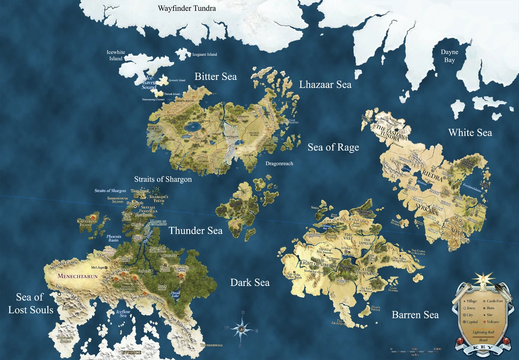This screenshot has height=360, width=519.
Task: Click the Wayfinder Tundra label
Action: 187,8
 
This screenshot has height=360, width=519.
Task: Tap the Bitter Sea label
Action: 215,76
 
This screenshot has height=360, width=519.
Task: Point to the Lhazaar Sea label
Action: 325,84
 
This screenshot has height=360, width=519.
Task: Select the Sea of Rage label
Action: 333,147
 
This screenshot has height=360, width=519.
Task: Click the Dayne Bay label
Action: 449,56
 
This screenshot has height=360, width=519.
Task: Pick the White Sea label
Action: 470,132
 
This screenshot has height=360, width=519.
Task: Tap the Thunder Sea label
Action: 195,230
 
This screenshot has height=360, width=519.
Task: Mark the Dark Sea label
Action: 250,283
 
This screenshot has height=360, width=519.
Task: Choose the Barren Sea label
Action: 415,315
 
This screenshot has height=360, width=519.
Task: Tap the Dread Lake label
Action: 175,293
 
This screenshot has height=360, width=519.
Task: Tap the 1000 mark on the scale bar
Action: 437,349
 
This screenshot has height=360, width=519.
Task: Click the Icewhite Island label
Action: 116,55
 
